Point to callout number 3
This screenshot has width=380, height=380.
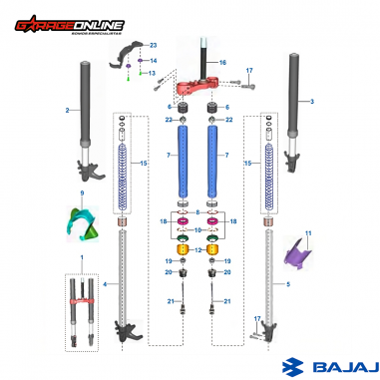pos(312,102)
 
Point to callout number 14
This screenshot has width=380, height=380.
pos(153,61)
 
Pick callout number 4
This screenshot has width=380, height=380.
pos(105,283)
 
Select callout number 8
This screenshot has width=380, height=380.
pos(197,212)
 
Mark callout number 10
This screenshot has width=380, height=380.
pos(197,230)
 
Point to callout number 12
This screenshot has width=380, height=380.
pos(197,248)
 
